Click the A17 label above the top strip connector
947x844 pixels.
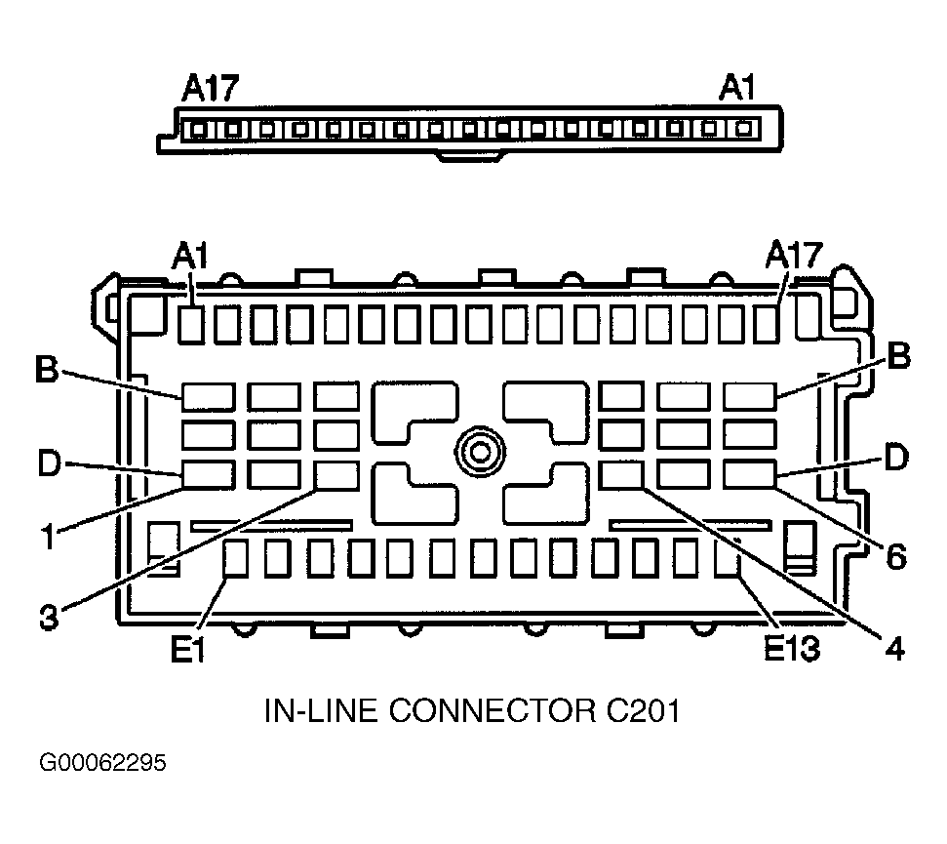(211, 88)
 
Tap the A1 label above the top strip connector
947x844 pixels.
(736, 88)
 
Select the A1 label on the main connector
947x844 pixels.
(189, 257)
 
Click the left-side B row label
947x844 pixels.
(47, 369)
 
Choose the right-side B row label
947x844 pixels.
(898, 355)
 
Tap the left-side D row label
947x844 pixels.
(49, 463)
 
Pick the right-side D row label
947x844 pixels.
(896, 457)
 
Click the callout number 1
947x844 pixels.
(49, 537)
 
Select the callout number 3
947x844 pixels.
(49, 617)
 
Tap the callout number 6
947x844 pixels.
(896, 556)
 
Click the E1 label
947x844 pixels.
(188, 650)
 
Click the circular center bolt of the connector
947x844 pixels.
(480, 452)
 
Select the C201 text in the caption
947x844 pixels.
(643, 710)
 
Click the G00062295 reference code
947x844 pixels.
(102, 762)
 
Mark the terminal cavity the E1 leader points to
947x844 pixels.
(236, 559)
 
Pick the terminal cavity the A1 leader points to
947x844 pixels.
(191, 325)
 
